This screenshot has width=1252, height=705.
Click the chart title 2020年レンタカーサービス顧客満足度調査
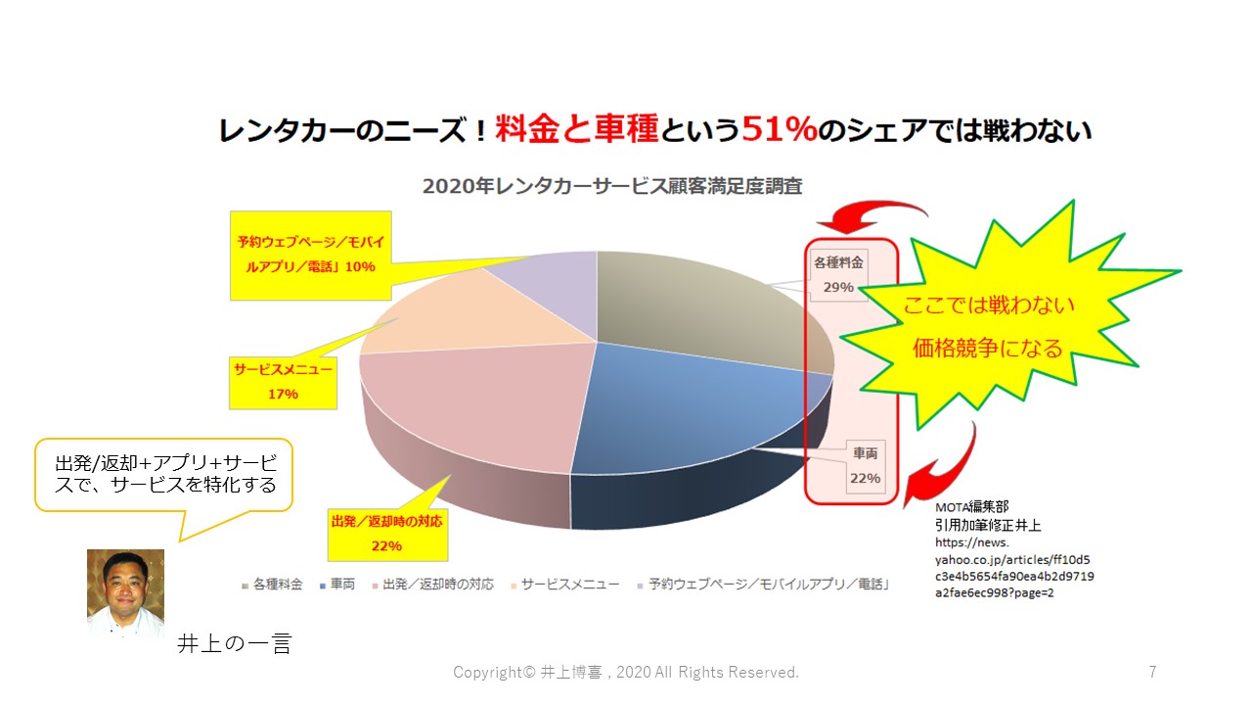(x=612, y=186)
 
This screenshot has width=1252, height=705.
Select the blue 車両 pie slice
(x=688, y=408)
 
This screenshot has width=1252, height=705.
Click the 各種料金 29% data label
(x=838, y=275)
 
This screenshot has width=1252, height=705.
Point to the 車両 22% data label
(x=866, y=466)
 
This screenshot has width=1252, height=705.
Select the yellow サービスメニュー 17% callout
(x=283, y=383)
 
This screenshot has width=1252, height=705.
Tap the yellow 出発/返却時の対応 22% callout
(x=387, y=535)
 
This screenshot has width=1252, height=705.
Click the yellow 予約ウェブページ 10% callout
(x=311, y=256)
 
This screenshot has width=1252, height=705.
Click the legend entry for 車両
(x=337, y=585)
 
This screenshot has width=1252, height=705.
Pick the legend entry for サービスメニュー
(x=564, y=585)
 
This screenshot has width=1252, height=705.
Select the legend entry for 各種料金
(x=272, y=585)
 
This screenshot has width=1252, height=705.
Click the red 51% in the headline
(x=780, y=129)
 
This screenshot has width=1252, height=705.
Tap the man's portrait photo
(x=126, y=593)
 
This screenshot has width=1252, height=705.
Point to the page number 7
(x=1152, y=672)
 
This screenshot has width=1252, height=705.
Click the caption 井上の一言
(x=234, y=643)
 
